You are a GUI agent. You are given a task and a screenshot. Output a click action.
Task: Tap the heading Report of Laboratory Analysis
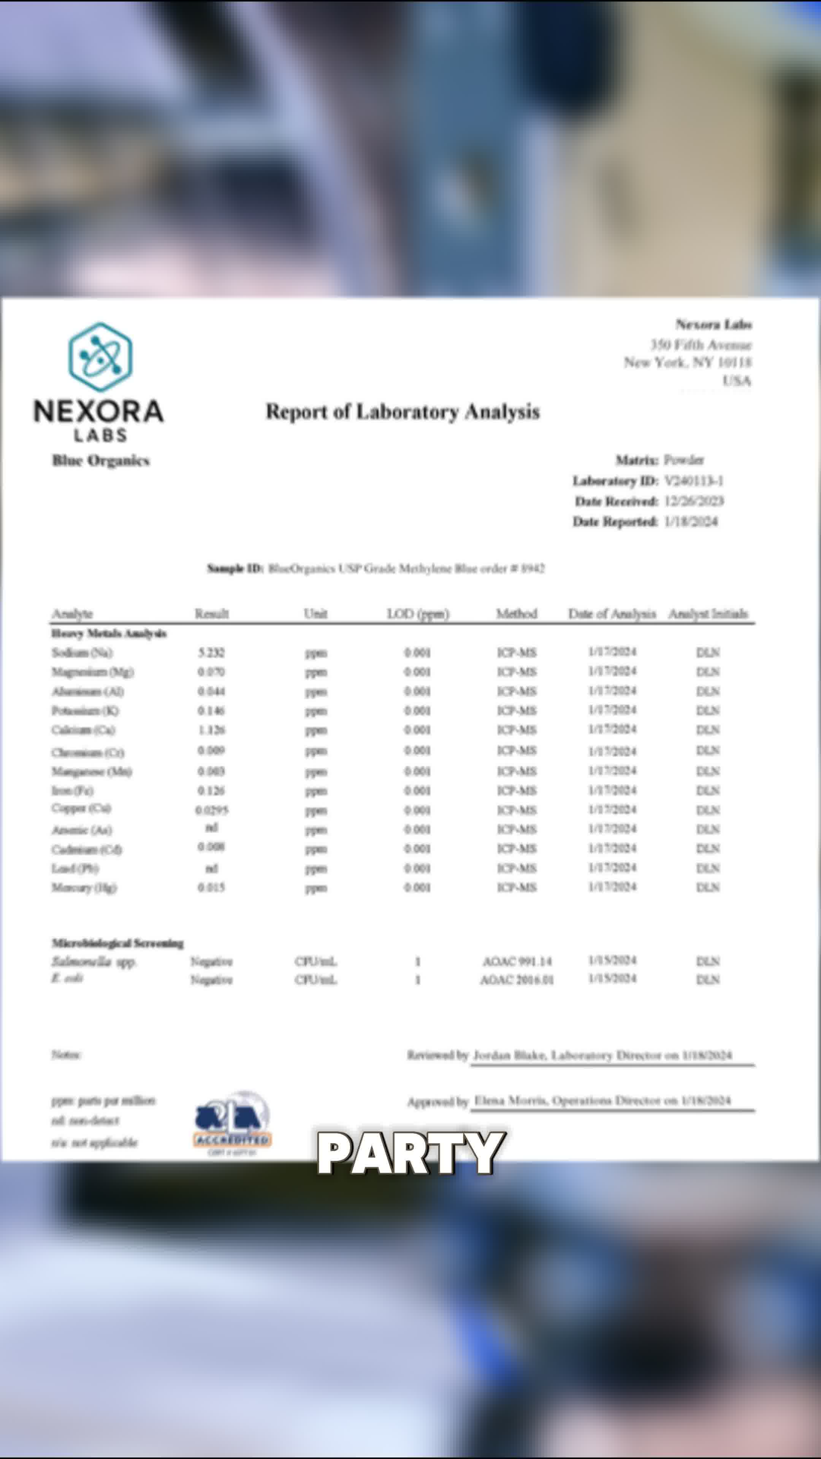[402, 412]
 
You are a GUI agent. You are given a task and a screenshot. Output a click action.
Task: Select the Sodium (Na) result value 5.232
[211, 652]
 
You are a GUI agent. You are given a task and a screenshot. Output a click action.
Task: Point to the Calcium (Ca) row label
[83, 730]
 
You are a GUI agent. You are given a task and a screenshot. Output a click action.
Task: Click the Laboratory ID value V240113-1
[694, 481]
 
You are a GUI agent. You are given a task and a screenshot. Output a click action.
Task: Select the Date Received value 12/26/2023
[694, 501]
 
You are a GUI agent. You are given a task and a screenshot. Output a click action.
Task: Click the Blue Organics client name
[101, 460]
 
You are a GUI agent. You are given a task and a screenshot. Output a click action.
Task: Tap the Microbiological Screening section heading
[118, 943]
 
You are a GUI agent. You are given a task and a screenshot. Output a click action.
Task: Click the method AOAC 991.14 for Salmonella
[517, 961]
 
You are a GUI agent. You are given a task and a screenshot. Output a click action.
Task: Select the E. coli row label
[67, 979]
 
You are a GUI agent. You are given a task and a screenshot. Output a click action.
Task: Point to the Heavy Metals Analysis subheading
[109, 633]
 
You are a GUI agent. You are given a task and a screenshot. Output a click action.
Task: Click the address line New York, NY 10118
[687, 362]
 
